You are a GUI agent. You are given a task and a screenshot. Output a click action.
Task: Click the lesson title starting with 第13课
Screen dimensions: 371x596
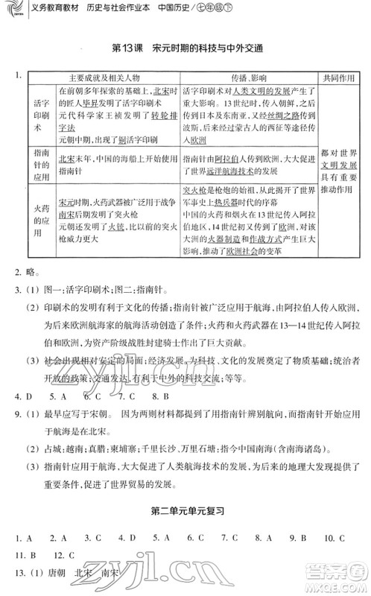[x=186, y=48]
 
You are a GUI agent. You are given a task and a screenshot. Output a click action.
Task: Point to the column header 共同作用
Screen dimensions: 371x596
[x=340, y=77]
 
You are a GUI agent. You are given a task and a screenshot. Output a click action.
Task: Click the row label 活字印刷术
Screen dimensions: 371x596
[x=41, y=115]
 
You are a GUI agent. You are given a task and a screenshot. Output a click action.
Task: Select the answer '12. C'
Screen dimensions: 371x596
[x=66, y=554]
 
